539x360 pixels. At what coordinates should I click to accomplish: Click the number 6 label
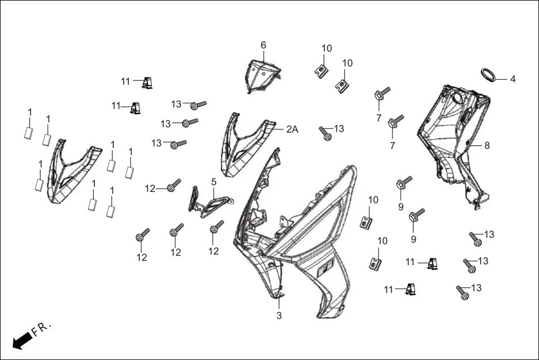pyautogui.click(x=263, y=45)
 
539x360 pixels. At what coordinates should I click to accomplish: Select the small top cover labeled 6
pyautogui.click(x=262, y=75)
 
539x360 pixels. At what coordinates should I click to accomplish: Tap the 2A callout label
pyautogui.click(x=292, y=129)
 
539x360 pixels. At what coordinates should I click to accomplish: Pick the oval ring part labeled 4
pyautogui.click(x=489, y=75)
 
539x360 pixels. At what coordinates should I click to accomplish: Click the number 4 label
pyautogui.click(x=513, y=79)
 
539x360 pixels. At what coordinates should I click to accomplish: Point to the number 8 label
pyautogui.click(x=486, y=146)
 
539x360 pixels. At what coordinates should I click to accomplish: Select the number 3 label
pyautogui.click(x=279, y=316)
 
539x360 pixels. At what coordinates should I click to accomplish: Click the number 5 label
pyautogui.click(x=213, y=182)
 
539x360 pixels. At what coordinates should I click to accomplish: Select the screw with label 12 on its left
pyautogui.click(x=174, y=186)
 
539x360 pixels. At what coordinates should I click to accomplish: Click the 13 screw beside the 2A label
pyautogui.click(x=326, y=133)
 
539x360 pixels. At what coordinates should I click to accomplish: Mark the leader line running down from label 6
pyautogui.click(x=264, y=56)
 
